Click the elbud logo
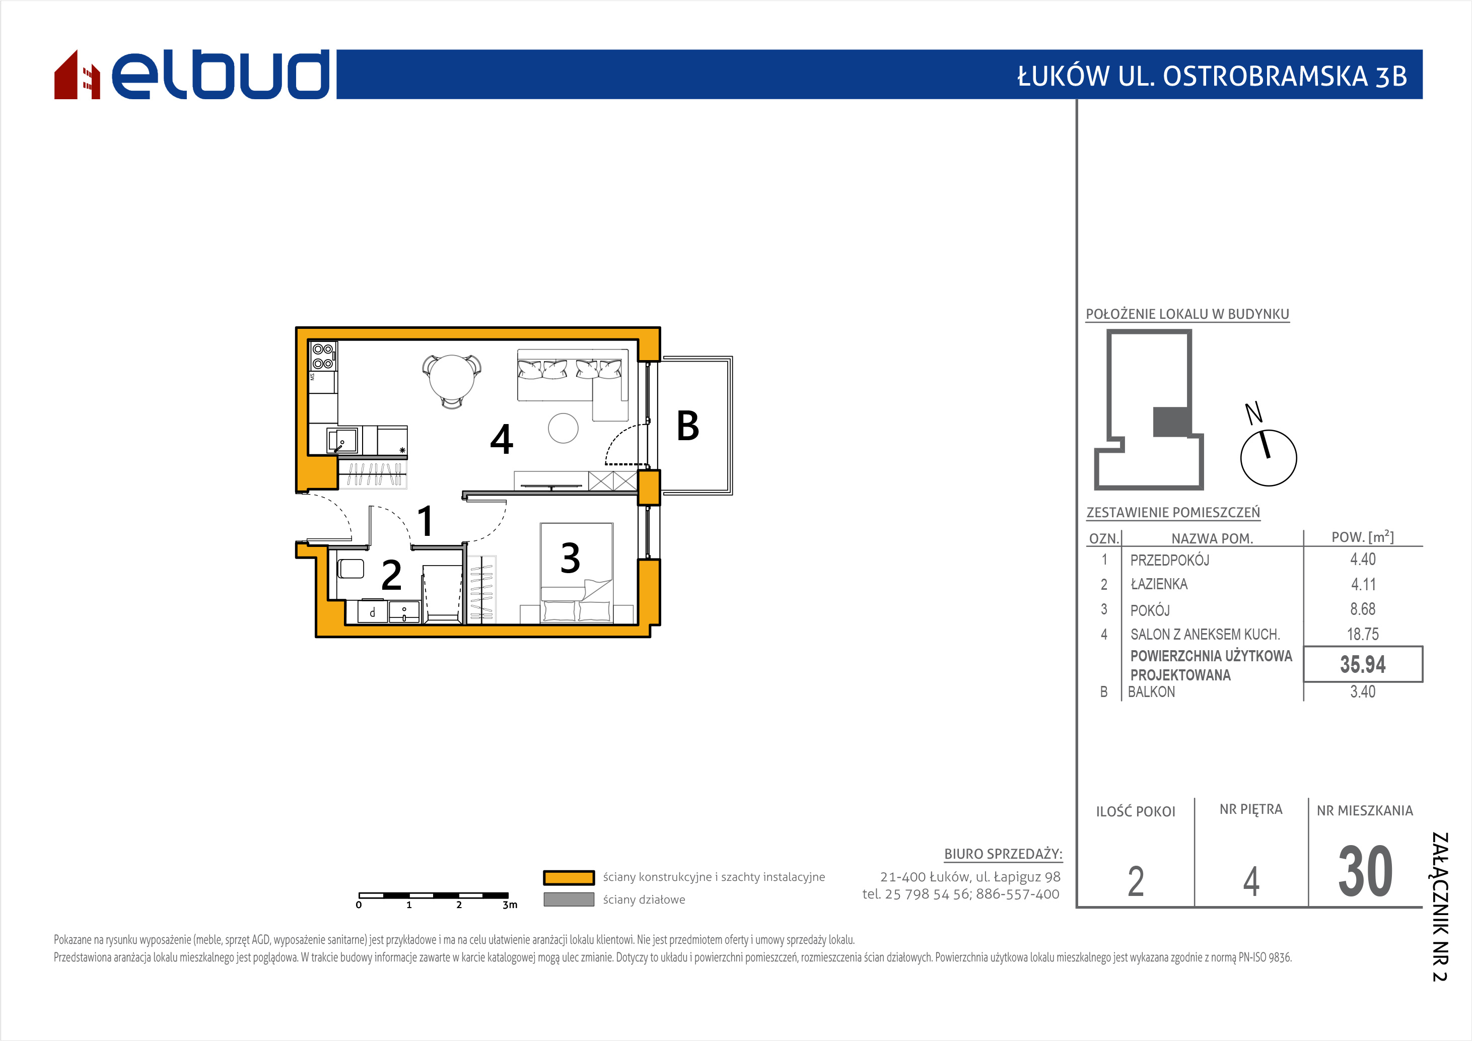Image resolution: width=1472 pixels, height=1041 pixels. click(192, 75)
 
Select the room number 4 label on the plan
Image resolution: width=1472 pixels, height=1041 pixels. click(502, 439)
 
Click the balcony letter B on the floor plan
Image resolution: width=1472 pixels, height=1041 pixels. click(688, 426)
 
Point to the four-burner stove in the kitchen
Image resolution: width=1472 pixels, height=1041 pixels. click(322, 357)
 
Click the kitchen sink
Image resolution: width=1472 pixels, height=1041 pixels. click(342, 440)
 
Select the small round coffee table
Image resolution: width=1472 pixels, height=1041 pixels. click(563, 428)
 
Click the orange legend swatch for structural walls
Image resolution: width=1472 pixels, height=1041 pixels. click(569, 877)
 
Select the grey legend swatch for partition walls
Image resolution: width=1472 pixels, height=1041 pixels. click(569, 899)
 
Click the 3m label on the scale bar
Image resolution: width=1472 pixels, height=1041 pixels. click(510, 905)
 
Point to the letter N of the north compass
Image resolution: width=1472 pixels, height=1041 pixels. click(1253, 413)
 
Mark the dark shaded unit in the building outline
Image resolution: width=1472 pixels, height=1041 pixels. click(1172, 422)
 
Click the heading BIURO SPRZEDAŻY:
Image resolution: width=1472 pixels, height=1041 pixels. click(1003, 854)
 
